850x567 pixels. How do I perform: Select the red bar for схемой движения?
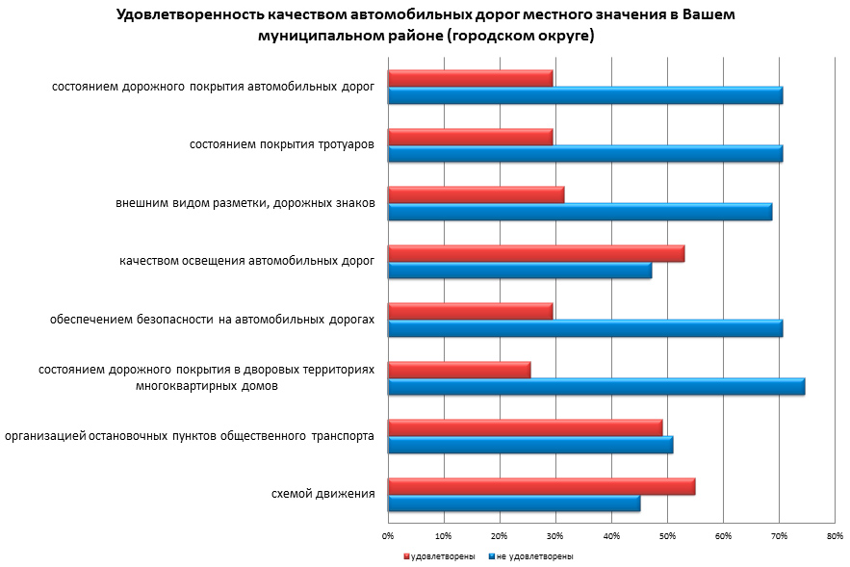(x=541, y=487)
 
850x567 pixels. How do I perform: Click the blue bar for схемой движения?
(x=513, y=503)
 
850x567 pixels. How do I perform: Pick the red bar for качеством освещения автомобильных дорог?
(x=535, y=254)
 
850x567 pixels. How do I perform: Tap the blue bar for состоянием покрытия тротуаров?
(x=584, y=154)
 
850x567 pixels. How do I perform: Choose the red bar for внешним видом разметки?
(x=476, y=195)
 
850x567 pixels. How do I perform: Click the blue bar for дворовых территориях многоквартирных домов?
(x=596, y=387)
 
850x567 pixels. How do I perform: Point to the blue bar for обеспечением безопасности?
(x=584, y=328)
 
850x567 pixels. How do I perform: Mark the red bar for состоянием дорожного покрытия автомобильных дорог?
(x=470, y=79)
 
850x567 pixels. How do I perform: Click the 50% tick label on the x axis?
(x=667, y=535)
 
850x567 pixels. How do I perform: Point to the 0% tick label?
(x=388, y=535)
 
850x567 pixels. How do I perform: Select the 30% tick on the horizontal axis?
(x=555, y=535)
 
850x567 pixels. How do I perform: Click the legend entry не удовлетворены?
(x=534, y=556)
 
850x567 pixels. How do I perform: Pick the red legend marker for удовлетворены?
(x=405, y=556)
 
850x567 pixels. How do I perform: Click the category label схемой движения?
(x=323, y=494)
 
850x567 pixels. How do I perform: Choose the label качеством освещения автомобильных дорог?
(x=246, y=261)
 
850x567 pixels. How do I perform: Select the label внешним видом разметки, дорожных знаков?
(x=245, y=203)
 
